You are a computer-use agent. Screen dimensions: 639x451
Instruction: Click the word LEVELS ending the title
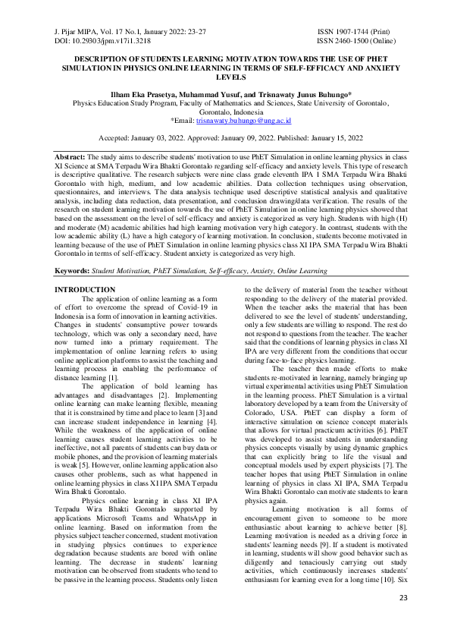coord(225,77)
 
